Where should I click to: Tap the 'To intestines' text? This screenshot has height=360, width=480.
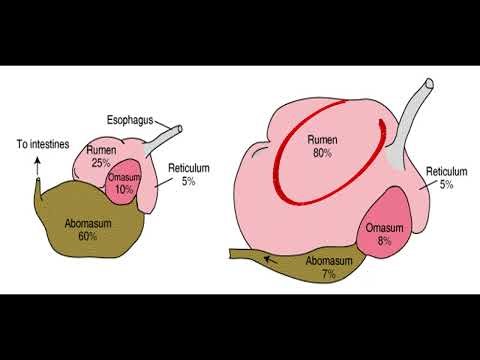click(41, 143)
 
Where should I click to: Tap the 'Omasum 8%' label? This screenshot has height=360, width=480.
click(385, 233)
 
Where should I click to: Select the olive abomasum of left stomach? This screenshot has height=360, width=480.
click(80, 240)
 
